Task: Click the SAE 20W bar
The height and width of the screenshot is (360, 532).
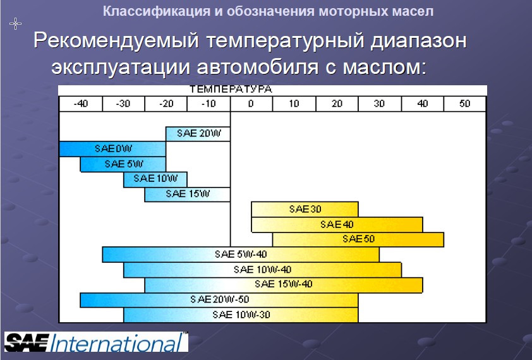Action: pos(198,134)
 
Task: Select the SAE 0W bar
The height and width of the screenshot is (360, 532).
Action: pos(112,149)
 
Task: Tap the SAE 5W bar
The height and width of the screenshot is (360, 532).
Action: pos(123,164)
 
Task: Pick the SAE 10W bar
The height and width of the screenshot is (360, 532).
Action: pos(155,179)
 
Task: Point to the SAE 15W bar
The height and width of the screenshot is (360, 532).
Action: pos(187,195)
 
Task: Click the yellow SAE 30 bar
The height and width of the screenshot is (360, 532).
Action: pos(305,209)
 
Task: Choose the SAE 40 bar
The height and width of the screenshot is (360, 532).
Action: pos(337,224)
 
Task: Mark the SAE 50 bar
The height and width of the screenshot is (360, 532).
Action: pos(358,239)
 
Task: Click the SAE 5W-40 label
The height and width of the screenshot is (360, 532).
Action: pos(241,254)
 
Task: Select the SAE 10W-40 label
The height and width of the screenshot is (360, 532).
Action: pos(262,270)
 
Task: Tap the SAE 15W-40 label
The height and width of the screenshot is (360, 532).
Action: pos(283,284)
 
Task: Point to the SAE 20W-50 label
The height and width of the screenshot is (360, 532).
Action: pos(219,299)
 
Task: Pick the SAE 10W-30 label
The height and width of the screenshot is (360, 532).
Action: pos(241,315)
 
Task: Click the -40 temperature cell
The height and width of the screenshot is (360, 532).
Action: pos(81,104)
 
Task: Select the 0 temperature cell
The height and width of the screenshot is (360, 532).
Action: pos(251,104)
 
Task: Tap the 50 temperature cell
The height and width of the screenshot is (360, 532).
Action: pos(465,104)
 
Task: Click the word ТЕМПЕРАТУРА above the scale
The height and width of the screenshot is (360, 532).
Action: pos(231,90)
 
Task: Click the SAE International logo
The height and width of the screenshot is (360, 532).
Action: pos(96,342)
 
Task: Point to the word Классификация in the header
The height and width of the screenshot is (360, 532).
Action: pos(157,11)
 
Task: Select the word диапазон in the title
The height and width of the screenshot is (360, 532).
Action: pos(418,41)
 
